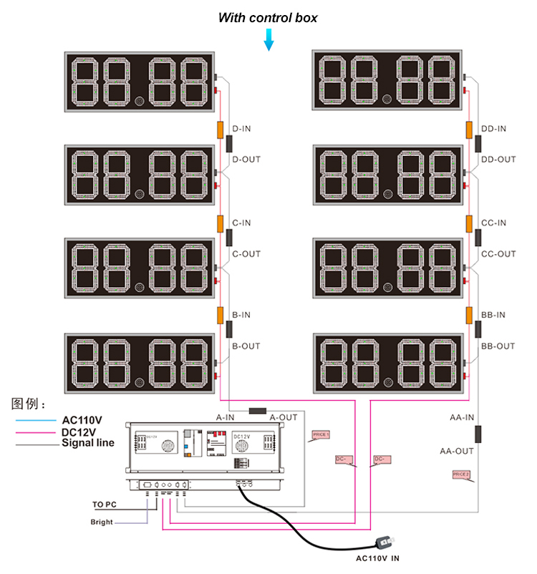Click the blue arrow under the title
point(269,40)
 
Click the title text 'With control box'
point(268,17)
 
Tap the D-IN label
point(242,129)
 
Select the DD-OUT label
point(498,159)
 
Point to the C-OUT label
point(246,254)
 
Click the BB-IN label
point(493,315)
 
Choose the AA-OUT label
point(457,452)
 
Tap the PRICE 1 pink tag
point(321,434)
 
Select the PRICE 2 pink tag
point(460,474)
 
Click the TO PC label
point(104,505)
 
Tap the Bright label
point(102,522)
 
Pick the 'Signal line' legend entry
point(88,443)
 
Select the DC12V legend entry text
point(79,432)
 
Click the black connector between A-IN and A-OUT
point(258,411)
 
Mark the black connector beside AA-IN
point(478,434)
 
